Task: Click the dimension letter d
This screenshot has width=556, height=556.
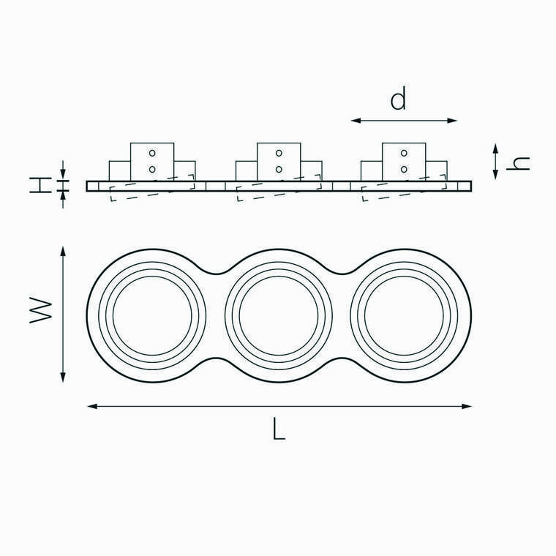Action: click(x=398, y=98)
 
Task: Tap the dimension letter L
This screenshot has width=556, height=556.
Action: click(x=279, y=429)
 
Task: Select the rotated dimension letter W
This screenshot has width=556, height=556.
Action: click(x=41, y=310)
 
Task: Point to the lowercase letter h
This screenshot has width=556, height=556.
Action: click(x=518, y=163)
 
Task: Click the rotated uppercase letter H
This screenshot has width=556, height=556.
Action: click(x=40, y=185)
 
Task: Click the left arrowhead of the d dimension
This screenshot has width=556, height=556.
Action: click(x=356, y=121)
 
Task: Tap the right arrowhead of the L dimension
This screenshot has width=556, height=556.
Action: click(x=467, y=406)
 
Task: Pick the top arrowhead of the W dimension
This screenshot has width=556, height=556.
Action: click(x=63, y=252)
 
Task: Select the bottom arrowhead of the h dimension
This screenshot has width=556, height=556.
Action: click(x=495, y=174)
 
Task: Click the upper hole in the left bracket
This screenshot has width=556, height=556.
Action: click(x=152, y=153)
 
